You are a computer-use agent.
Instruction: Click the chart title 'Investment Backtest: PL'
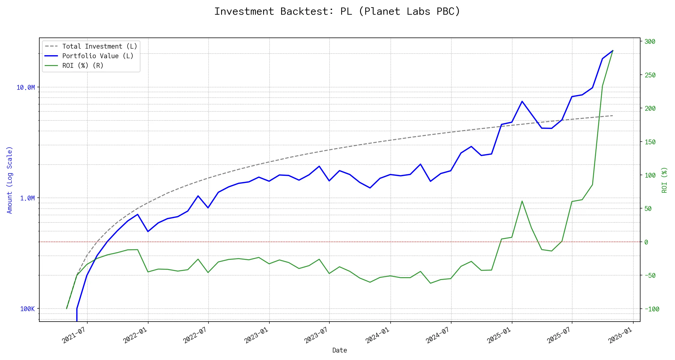pyautogui.click(x=337, y=11)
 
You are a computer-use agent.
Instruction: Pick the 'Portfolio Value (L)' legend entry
pyautogui.click(x=98, y=56)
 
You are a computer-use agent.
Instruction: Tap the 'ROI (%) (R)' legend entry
pyautogui.click(x=83, y=66)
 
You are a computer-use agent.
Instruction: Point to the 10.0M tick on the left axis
pyautogui.click(x=26, y=88)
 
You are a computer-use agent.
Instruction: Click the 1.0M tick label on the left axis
pyautogui.click(x=28, y=198)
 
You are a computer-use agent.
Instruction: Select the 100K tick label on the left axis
pyautogui.click(x=28, y=309)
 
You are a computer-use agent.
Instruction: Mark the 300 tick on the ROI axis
pyautogui.click(x=650, y=42)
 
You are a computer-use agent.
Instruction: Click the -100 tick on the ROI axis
pyautogui.click(x=652, y=309)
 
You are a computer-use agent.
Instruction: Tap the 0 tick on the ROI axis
pyautogui.click(x=646, y=242)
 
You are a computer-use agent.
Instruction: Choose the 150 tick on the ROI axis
pyautogui.click(x=650, y=142)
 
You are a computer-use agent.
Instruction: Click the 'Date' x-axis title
pyautogui.click(x=340, y=350)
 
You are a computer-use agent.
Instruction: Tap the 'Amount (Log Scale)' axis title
pyautogui.click(x=10, y=180)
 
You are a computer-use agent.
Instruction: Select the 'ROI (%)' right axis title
pyautogui.click(x=664, y=180)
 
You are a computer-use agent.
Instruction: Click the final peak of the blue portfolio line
pyautogui.click(x=613, y=51)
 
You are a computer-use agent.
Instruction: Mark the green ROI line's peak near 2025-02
pyautogui.click(x=522, y=201)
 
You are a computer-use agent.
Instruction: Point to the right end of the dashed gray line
pyautogui.click(x=613, y=115)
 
